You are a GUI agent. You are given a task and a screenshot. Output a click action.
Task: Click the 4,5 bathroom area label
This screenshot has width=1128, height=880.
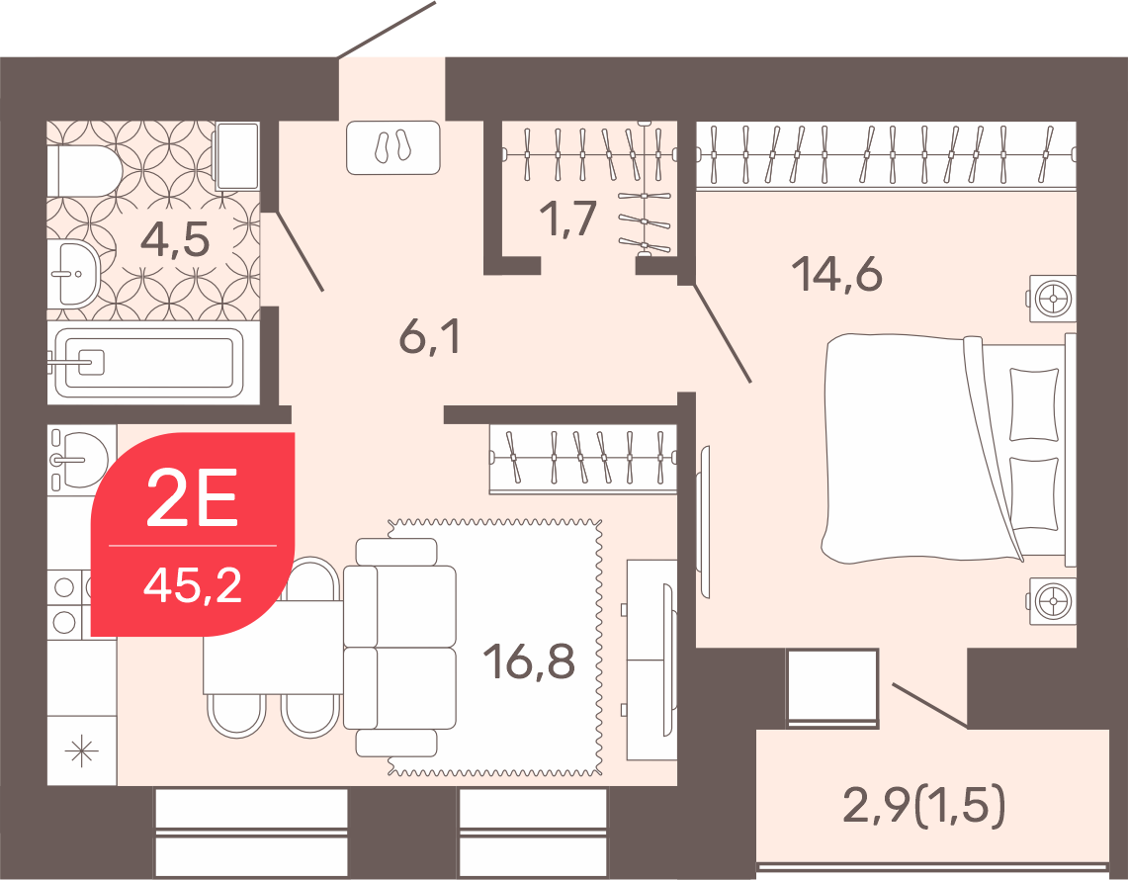click(x=175, y=239)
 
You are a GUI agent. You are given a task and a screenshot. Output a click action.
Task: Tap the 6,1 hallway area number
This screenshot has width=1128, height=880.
click(x=429, y=336)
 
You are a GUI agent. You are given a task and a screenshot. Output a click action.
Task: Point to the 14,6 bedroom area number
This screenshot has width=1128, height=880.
click(x=836, y=274)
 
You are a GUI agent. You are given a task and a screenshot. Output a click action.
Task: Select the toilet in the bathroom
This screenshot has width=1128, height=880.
click(x=84, y=171)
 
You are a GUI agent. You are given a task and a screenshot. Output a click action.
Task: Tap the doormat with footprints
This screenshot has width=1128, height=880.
click(x=392, y=146)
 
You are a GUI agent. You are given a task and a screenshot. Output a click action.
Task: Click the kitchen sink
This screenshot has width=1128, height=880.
click(x=79, y=459)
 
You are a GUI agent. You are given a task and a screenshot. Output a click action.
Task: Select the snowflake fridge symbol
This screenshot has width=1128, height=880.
click(x=81, y=751)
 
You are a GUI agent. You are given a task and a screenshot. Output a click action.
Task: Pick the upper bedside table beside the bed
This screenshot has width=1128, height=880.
click(x=1053, y=298)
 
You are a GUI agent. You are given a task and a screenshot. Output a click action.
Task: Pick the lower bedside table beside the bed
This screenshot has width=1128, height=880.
click(x=1053, y=600)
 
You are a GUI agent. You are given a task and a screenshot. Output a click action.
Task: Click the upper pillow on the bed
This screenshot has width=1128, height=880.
click(x=1034, y=403)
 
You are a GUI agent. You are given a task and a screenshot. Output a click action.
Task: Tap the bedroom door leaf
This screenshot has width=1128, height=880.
click(x=723, y=332)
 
